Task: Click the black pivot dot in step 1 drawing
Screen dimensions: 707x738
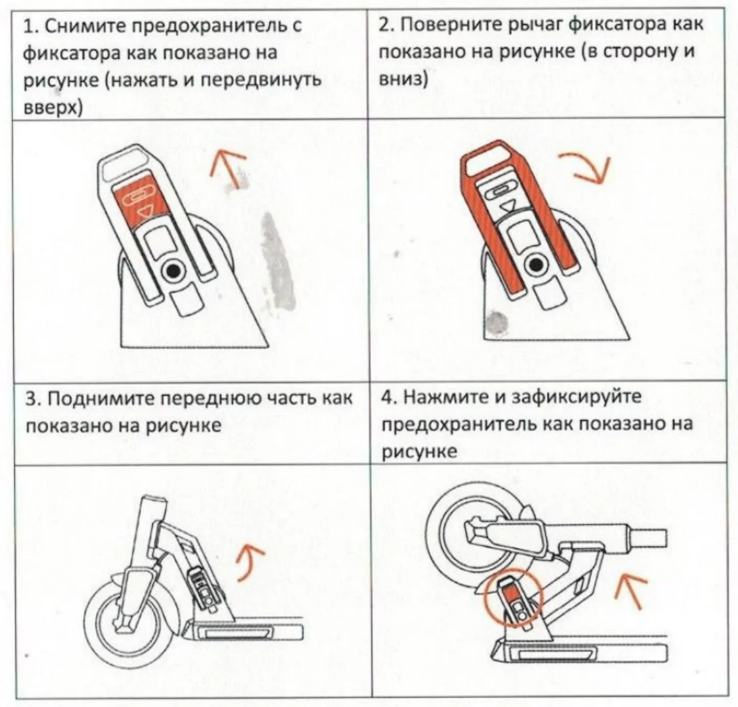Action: tap(174, 269)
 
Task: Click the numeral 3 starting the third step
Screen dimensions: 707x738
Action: tap(30, 400)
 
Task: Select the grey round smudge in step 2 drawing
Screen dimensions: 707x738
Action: tap(496, 323)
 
